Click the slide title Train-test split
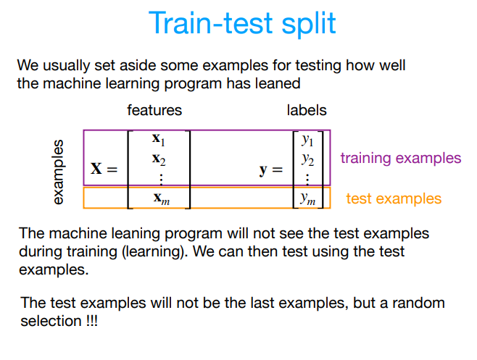pyautogui.click(x=242, y=23)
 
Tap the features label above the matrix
pyautogui.click(x=154, y=111)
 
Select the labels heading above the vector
pyautogui.click(x=307, y=111)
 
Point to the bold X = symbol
pyautogui.click(x=103, y=169)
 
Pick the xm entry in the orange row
pyautogui.click(x=161, y=198)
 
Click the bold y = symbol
pyautogui.click(x=272, y=170)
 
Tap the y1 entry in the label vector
pyautogui.click(x=308, y=139)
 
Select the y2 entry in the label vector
pyautogui.click(x=308, y=159)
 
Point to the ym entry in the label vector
pyautogui.click(x=309, y=198)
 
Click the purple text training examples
pyautogui.click(x=400, y=158)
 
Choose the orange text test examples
pyautogui.click(x=394, y=198)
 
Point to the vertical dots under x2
pyautogui.click(x=162, y=177)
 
